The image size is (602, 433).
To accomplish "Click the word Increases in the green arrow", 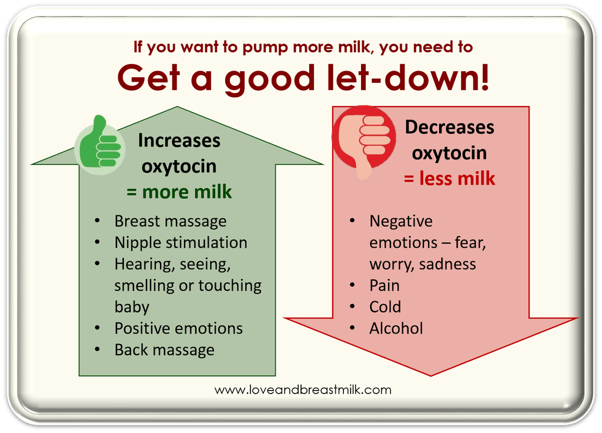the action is point(179,141).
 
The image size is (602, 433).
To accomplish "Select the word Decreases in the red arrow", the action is point(449,127).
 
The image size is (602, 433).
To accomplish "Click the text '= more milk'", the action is point(179,192).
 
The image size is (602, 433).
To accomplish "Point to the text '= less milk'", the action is point(449,179).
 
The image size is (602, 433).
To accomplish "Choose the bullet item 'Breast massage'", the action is point(170,222).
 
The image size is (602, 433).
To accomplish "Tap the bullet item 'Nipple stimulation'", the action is point(181,243).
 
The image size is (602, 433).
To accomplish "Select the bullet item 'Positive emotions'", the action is point(179,328).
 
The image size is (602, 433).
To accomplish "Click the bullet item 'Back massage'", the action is point(165,351).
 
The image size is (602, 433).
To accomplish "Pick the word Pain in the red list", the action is point(384,286).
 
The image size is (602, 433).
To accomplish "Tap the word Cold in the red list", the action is point(385,307).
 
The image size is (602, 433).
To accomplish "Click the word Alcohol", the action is point(396,328).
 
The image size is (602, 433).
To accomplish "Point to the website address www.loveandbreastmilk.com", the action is point(303,390).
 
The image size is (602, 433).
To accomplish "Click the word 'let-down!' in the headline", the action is point(408,78).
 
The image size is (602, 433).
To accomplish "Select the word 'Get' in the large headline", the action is point(149,78).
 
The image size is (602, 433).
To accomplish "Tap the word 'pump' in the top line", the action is point(265,48).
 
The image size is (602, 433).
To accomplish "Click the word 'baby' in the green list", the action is point(132,307).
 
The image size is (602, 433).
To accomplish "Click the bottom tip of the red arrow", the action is point(430,376).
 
